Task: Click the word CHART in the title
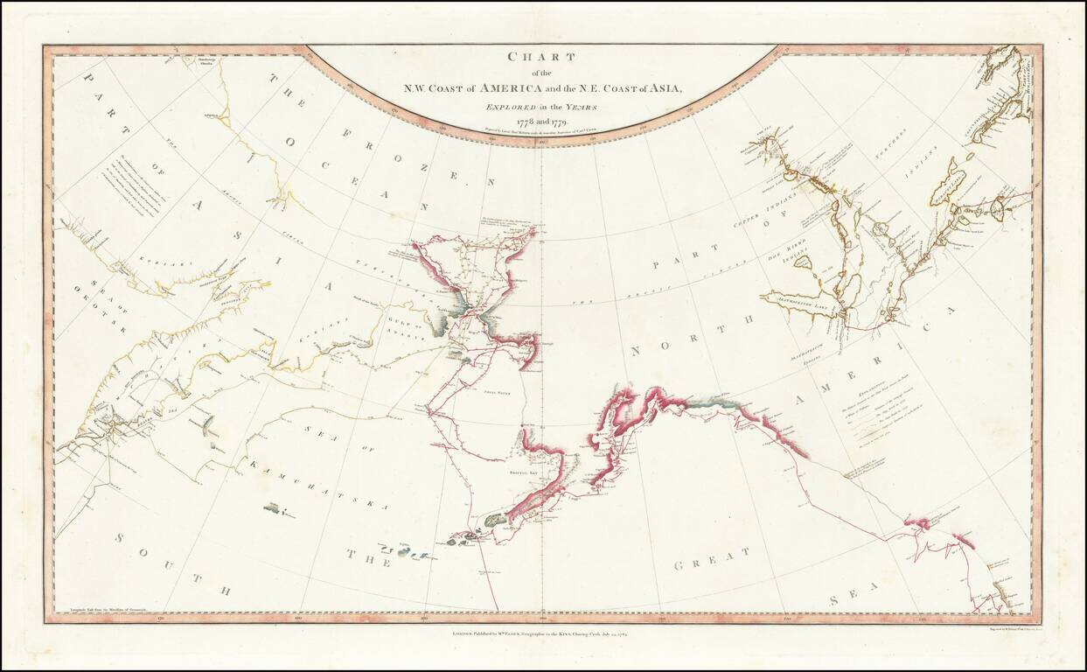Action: coord(543,57)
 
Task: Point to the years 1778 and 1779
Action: coord(543,120)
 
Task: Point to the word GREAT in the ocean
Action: coord(712,558)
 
